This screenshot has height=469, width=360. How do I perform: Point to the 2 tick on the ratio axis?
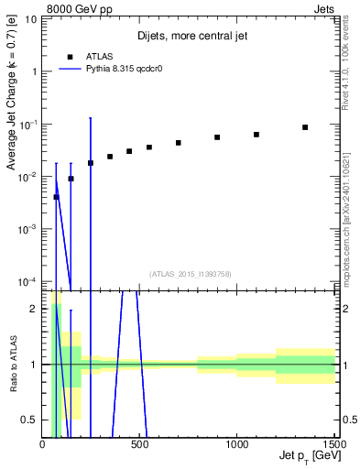33,309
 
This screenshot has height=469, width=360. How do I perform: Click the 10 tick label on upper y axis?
29,19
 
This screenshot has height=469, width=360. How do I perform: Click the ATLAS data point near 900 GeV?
217,137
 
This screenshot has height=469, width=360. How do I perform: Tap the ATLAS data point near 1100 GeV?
256,135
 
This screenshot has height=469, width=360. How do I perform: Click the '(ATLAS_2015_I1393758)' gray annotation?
190,273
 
